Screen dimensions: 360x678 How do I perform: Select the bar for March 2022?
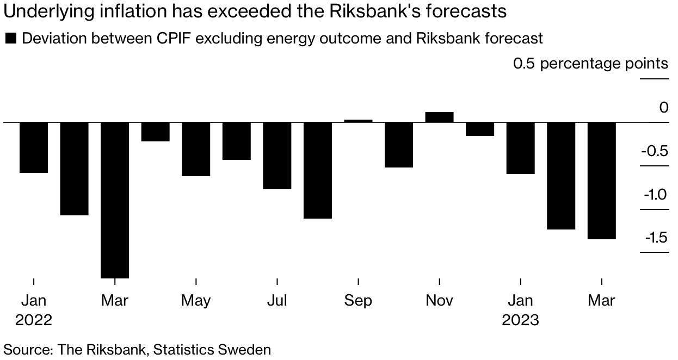pos(115,200)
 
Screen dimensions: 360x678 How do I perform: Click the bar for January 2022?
pos(34,147)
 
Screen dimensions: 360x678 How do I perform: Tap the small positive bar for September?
pos(359,121)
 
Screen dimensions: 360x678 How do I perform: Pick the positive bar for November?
pos(439,117)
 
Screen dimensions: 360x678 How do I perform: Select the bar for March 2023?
pos(602,181)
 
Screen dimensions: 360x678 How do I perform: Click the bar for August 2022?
pos(318,170)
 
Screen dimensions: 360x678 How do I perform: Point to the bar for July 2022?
pos(277,156)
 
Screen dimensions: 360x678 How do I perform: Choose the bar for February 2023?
pos(561,176)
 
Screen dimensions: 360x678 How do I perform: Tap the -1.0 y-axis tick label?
pos(654,194)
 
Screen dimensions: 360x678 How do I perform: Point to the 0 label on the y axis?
pos(663,108)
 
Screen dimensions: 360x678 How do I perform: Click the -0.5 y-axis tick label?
pos(654,151)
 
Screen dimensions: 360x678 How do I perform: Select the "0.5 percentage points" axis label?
pos(590,64)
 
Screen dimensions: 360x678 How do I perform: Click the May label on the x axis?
pos(196,300)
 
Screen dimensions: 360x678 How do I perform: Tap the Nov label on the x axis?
pos(439,300)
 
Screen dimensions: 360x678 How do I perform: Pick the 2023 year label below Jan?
pos(520,320)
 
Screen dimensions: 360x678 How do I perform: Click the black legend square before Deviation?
pos(10,39)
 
